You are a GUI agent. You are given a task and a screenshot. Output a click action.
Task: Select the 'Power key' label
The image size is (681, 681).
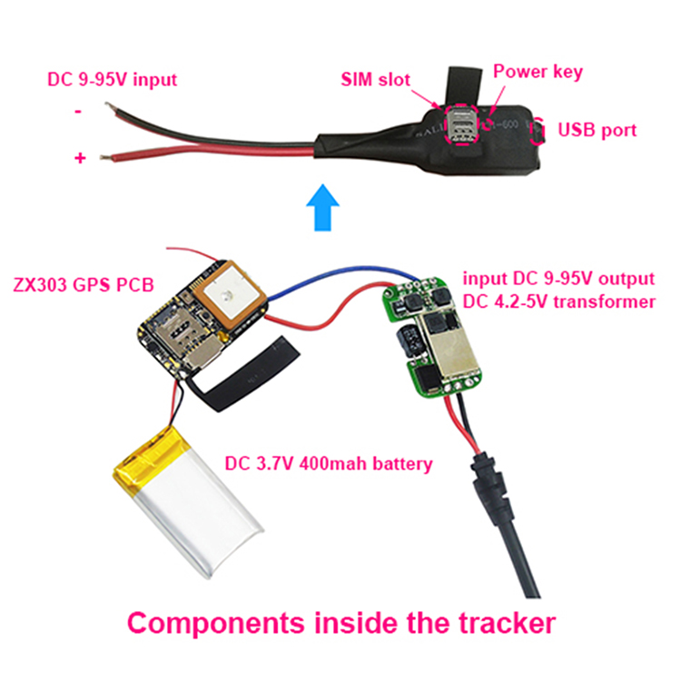[x=538, y=72]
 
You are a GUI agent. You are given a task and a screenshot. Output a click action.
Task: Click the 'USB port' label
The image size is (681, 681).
[x=597, y=130]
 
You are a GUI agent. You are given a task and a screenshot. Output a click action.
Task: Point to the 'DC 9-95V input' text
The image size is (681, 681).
[x=112, y=78]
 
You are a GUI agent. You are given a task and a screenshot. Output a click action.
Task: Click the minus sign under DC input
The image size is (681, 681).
[x=79, y=112]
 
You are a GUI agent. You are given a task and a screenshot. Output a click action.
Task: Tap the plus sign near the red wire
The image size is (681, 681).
[x=80, y=158]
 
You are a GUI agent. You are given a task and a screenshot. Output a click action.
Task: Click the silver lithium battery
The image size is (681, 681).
[x=186, y=513]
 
